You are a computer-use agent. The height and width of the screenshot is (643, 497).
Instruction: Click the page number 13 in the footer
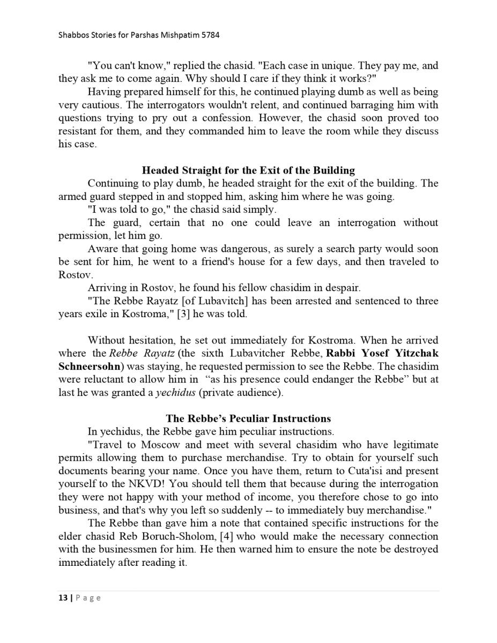(62, 598)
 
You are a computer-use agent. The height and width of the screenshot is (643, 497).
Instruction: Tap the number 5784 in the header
(209, 35)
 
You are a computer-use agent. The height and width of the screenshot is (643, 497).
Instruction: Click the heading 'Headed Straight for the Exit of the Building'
(248, 170)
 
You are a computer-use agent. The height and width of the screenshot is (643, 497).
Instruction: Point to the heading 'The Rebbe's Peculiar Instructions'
(248, 418)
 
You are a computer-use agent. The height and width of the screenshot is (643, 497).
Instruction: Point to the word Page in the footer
(87, 598)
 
